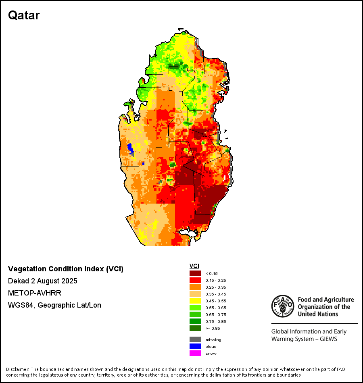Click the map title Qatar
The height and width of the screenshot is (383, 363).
click(24, 15)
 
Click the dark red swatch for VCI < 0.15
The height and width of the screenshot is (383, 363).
click(195, 273)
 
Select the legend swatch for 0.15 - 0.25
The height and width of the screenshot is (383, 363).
click(195, 280)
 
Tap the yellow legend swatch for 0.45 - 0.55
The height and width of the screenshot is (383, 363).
click(195, 301)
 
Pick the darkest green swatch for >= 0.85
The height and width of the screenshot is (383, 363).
click(195, 328)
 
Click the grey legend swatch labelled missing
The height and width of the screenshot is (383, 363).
click(195, 339)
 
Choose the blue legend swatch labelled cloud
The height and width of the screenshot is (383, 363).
click(195, 346)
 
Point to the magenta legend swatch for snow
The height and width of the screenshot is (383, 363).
click(195, 353)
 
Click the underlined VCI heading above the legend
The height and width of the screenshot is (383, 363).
click(194, 266)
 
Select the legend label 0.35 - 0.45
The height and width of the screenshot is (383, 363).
click(214, 294)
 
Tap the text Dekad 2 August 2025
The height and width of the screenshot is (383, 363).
click(43, 281)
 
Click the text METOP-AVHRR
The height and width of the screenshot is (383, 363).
click(35, 293)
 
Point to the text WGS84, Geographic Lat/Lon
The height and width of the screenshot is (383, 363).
click(54, 305)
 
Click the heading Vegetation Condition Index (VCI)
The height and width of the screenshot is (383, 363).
click(66, 269)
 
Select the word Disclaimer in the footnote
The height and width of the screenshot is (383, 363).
click(17, 369)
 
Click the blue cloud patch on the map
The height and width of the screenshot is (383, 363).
click(131, 148)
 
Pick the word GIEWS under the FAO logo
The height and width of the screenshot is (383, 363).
click(327, 339)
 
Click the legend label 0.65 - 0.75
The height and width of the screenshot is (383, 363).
click(214, 314)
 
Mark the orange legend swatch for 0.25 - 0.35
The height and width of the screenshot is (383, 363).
click(195, 287)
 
